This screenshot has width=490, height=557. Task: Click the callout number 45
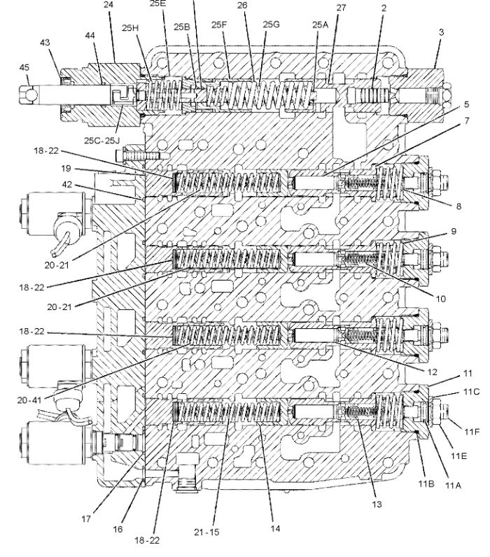[x=24, y=67]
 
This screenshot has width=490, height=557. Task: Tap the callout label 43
[x=45, y=43]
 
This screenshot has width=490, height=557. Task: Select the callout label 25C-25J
[x=101, y=141]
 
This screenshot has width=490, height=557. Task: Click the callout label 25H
[x=130, y=28]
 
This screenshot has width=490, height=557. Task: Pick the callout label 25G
[x=271, y=24]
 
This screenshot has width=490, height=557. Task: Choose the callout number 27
[x=341, y=8]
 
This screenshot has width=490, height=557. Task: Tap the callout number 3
[x=441, y=32]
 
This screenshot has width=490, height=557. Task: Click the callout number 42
[x=66, y=185]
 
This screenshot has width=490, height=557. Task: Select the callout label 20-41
[x=29, y=400]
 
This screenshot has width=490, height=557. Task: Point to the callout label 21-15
[x=206, y=532]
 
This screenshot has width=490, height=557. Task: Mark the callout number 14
[x=275, y=528]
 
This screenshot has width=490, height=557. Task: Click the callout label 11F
[x=472, y=432]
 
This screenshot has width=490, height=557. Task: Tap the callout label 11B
[x=426, y=484]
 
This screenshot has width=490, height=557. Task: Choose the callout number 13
[x=377, y=504]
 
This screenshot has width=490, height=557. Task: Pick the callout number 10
[x=440, y=299]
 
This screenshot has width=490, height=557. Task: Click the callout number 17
[x=86, y=519]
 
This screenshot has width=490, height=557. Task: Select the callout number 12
[x=432, y=372]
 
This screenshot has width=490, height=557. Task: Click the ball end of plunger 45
[x=29, y=95]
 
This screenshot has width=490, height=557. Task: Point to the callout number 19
[x=66, y=168]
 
